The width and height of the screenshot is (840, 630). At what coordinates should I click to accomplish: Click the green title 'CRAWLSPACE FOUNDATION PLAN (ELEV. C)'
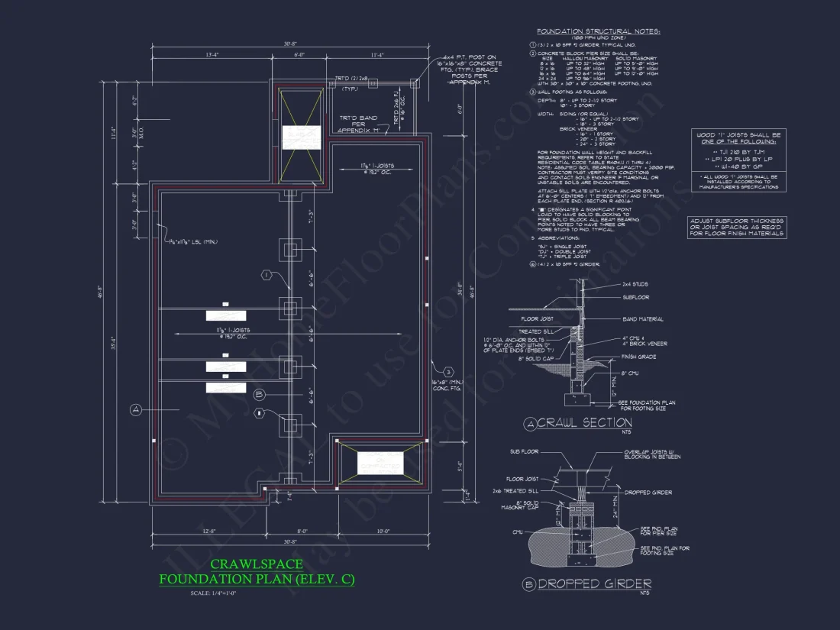tap(257, 572)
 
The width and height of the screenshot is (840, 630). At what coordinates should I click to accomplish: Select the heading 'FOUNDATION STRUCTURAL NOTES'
tap(598, 31)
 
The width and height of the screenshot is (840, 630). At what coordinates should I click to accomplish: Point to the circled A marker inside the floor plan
tap(136, 410)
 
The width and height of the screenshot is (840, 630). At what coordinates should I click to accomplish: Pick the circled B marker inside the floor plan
tap(260, 395)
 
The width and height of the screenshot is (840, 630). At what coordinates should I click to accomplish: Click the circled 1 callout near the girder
tap(267, 274)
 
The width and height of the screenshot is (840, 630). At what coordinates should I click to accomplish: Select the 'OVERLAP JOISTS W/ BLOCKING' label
tap(649, 454)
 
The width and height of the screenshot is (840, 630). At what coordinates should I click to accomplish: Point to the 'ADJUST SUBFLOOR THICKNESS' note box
tap(737, 227)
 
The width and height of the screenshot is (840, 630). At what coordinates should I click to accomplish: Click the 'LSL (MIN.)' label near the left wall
tap(192, 242)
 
